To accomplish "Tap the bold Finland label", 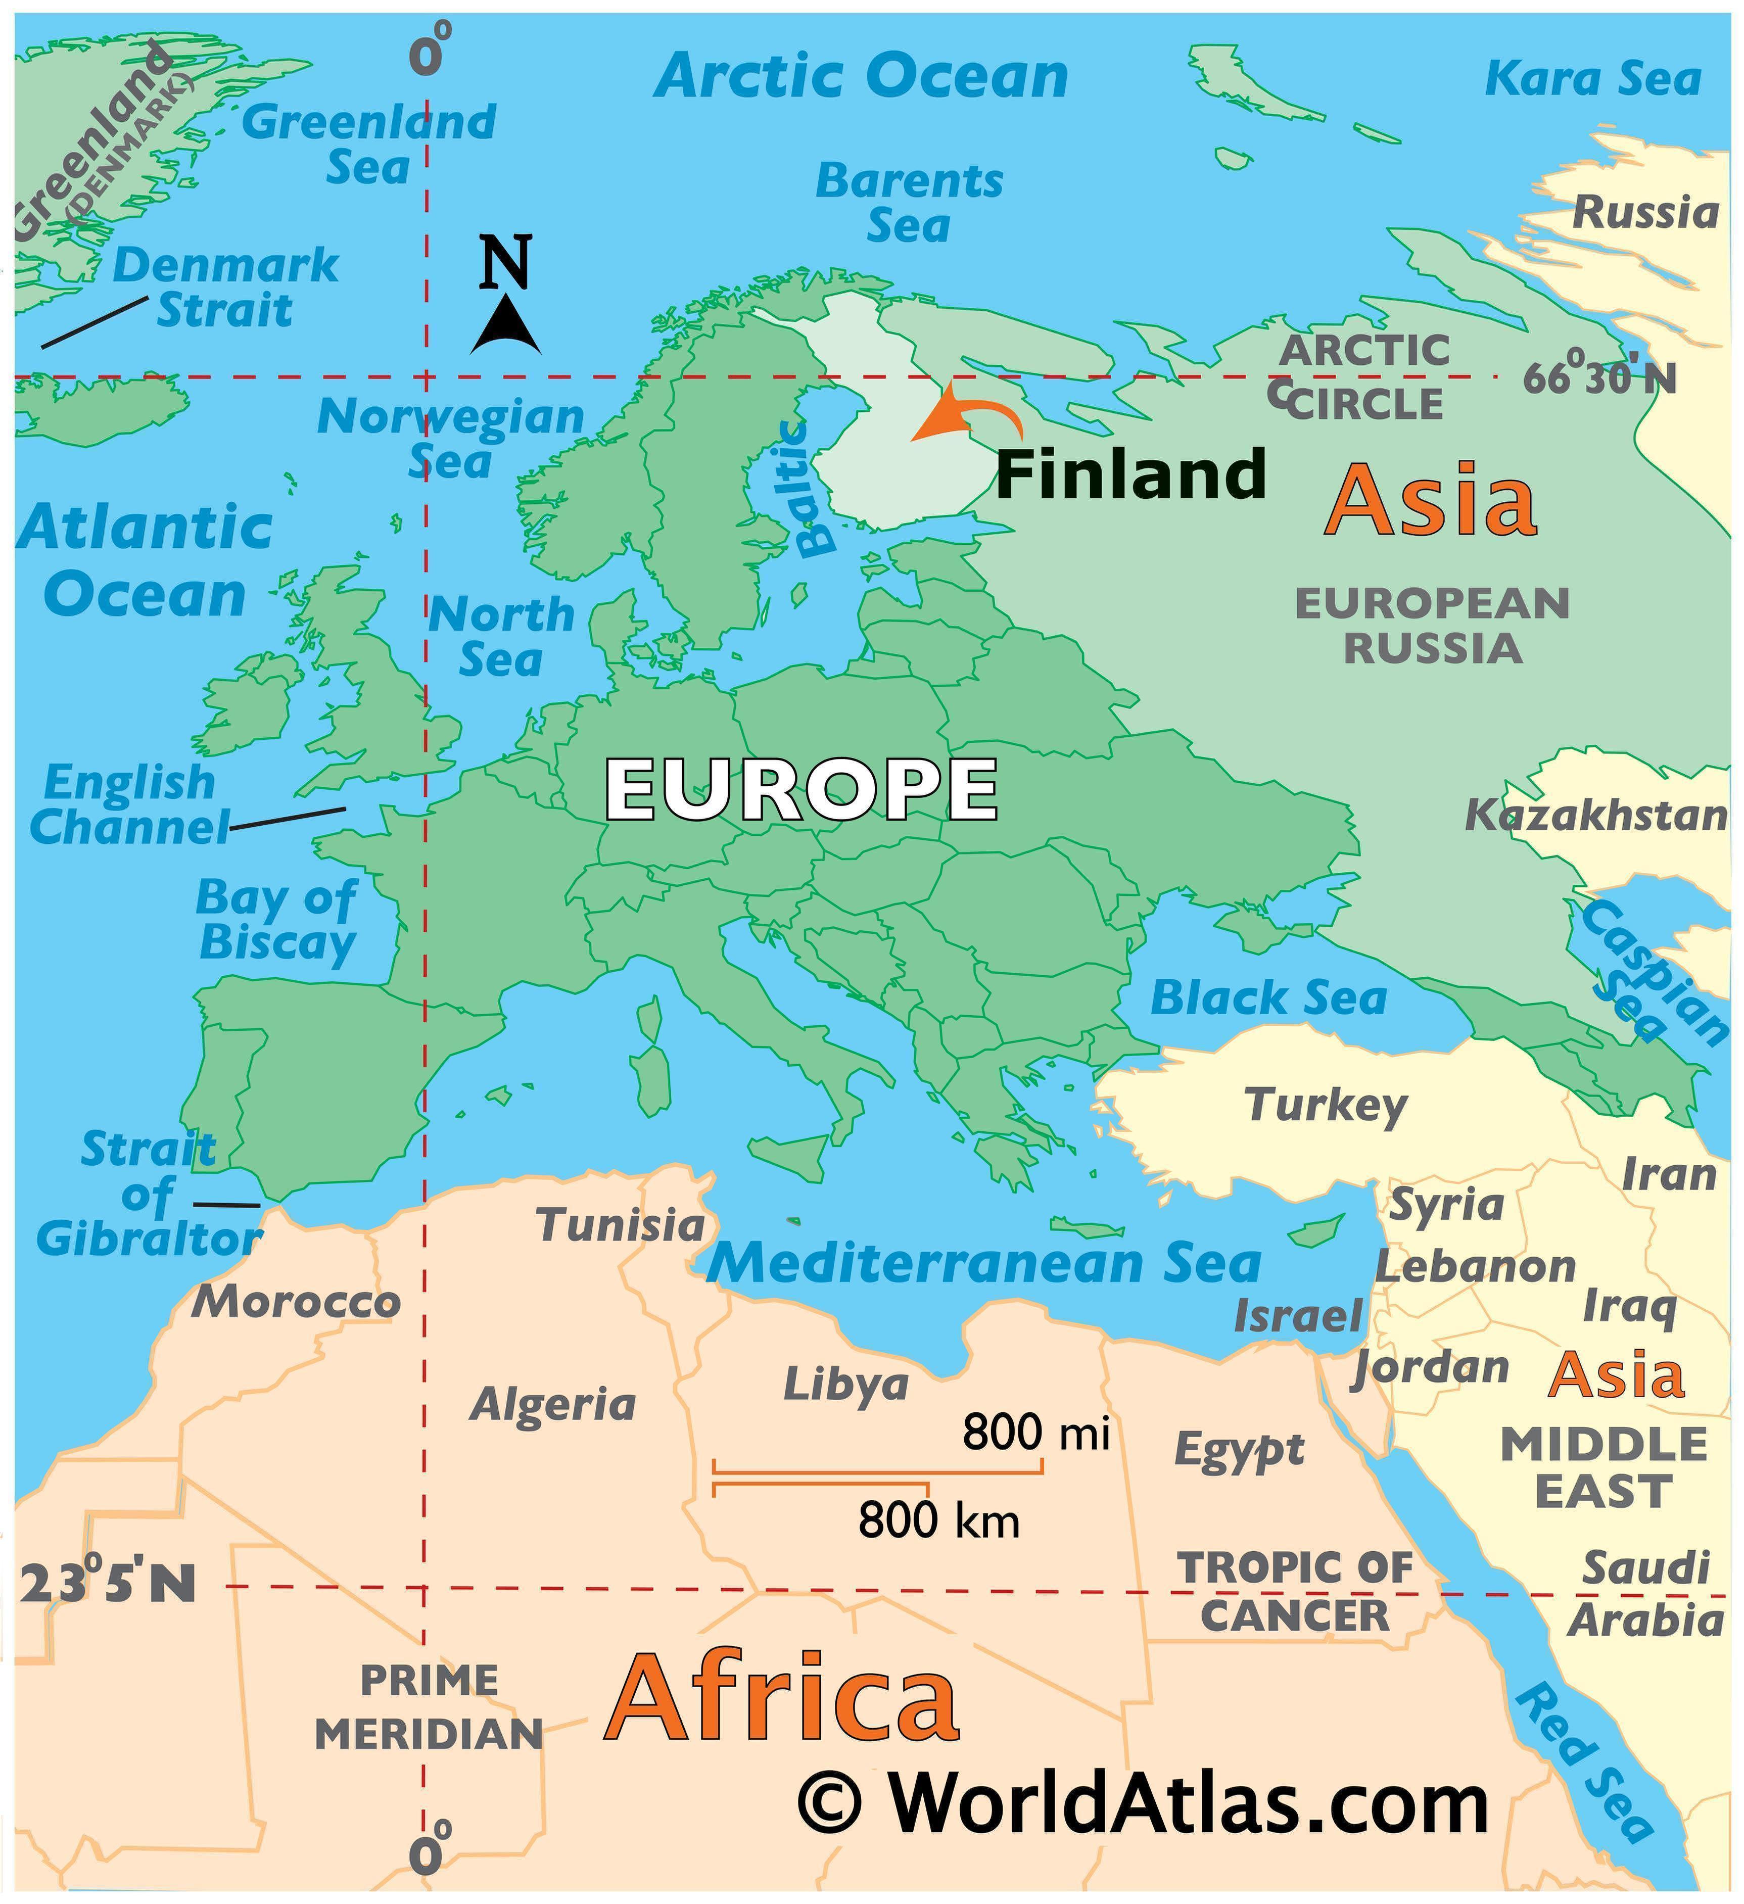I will (x=1131, y=474).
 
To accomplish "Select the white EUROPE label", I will (x=800, y=790).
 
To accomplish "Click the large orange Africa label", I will (x=782, y=1698).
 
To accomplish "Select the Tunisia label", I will (x=621, y=1226).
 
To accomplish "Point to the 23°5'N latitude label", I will (x=107, y=1584).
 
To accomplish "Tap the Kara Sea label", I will (x=1593, y=78).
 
